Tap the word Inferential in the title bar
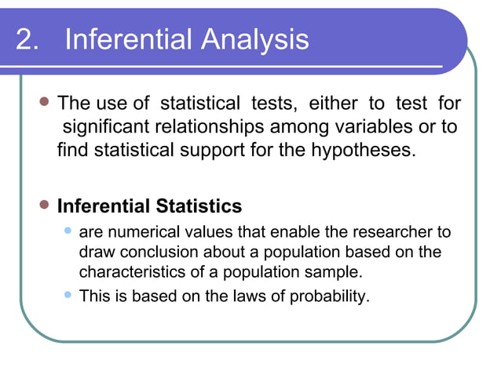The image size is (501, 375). (x=130, y=40)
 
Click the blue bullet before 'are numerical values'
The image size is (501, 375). (x=68, y=232)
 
